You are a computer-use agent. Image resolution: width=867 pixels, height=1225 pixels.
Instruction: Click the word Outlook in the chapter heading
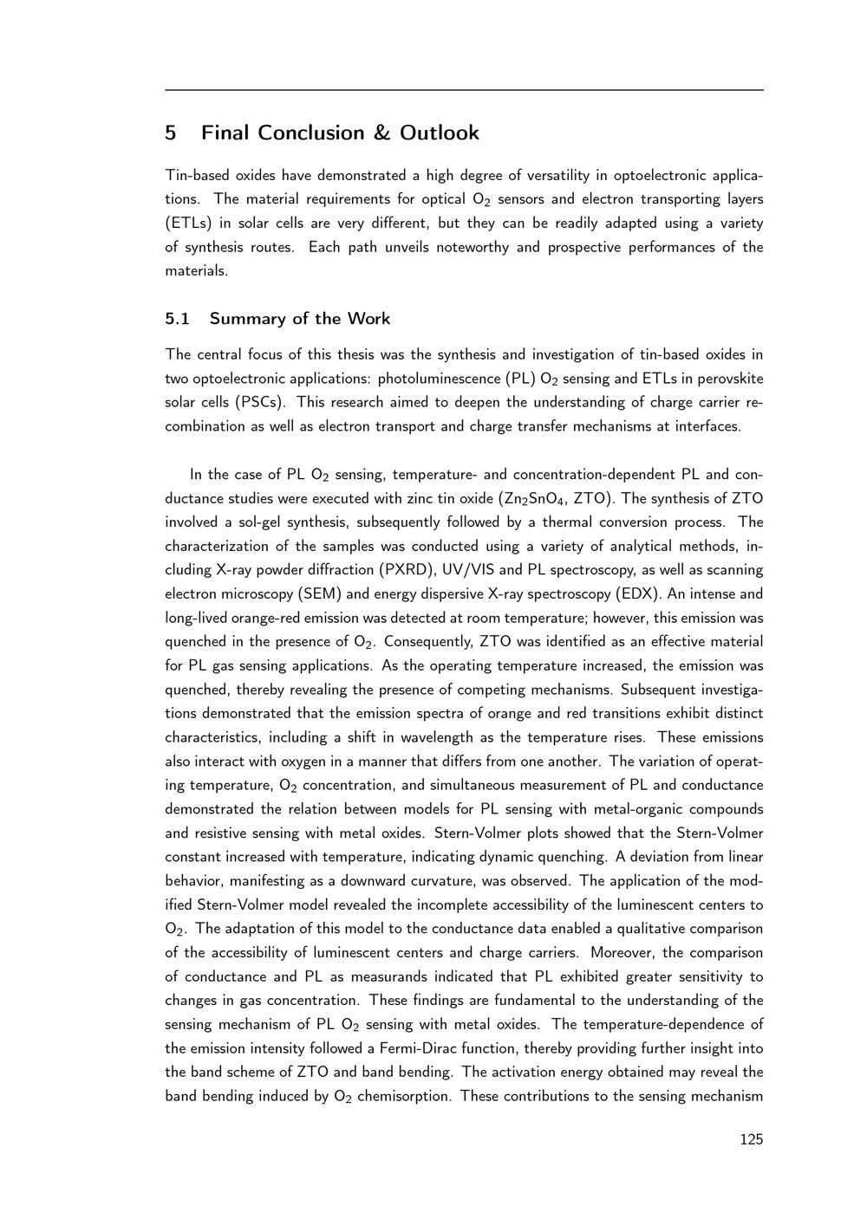point(439,133)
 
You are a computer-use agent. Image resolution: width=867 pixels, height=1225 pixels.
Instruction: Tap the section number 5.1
point(177,319)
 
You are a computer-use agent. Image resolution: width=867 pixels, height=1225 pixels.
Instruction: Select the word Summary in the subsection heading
point(247,319)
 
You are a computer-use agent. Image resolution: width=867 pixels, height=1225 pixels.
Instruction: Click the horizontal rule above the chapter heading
point(464,90)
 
